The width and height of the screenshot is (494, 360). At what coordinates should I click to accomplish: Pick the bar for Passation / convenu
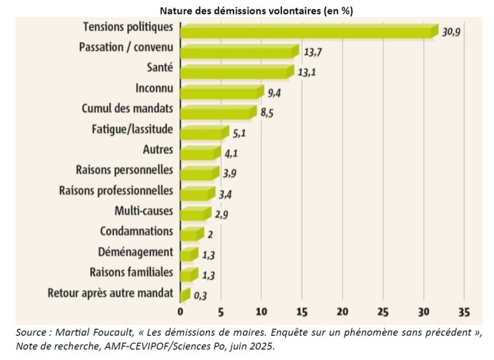pos(238,51)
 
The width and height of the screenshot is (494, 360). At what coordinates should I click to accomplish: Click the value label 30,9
pos(451,31)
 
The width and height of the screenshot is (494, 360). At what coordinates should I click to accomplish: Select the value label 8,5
pos(268,113)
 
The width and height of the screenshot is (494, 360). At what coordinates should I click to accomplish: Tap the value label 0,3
pos(200,295)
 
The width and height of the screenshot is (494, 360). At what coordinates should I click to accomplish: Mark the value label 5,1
pos(240,133)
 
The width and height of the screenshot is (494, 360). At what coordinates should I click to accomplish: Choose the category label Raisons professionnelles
pos(116,191)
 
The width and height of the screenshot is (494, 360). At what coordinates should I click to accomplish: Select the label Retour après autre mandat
pos(111,293)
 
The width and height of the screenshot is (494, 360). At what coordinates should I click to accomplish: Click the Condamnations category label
pos(136,232)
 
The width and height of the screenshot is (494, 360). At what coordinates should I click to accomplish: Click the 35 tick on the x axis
pos(463,313)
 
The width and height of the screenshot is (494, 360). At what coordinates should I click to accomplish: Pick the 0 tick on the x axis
pos(180,313)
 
